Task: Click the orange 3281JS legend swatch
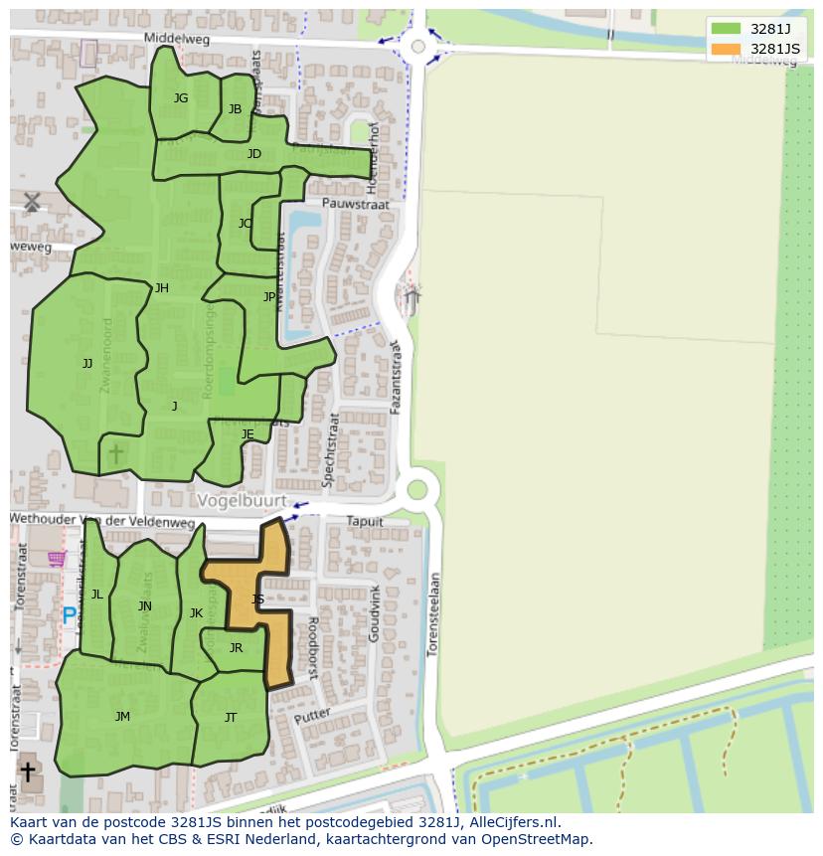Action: [x=726, y=49]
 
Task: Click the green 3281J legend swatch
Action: [x=726, y=29]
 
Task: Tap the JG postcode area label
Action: [x=181, y=98]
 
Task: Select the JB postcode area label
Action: [x=235, y=109]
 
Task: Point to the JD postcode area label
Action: [x=254, y=154]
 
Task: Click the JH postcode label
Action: [x=162, y=289]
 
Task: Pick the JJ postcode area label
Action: [x=87, y=364]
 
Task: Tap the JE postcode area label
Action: [x=247, y=434]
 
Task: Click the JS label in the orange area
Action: [x=257, y=599]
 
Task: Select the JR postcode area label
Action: [x=236, y=648]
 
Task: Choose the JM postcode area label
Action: [x=122, y=717]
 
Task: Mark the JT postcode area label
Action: [x=231, y=718]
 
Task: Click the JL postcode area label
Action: [x=97, y=595]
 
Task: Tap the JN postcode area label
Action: [x=145, y=606]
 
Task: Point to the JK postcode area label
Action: [x=196, y=613]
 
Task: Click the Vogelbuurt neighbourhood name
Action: [x=242, y=501]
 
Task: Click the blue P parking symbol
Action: [x=69, y=616]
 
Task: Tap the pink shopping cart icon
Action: [x=57, y=559]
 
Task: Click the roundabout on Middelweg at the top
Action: [x=417, y=46]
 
